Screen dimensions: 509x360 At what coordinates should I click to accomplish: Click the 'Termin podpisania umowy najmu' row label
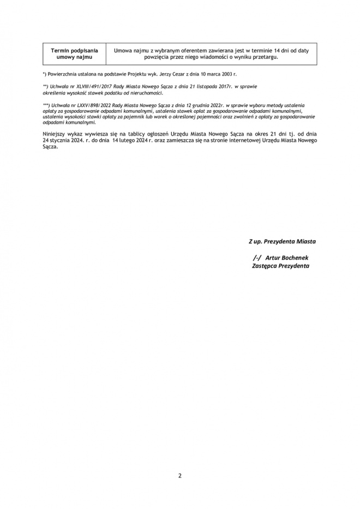[74, 53]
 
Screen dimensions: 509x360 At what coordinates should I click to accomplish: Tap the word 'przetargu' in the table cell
[265, 57]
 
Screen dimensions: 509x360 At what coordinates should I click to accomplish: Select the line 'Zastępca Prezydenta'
[281, 266]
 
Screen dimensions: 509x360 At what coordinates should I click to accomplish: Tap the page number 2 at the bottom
[180, 475]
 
